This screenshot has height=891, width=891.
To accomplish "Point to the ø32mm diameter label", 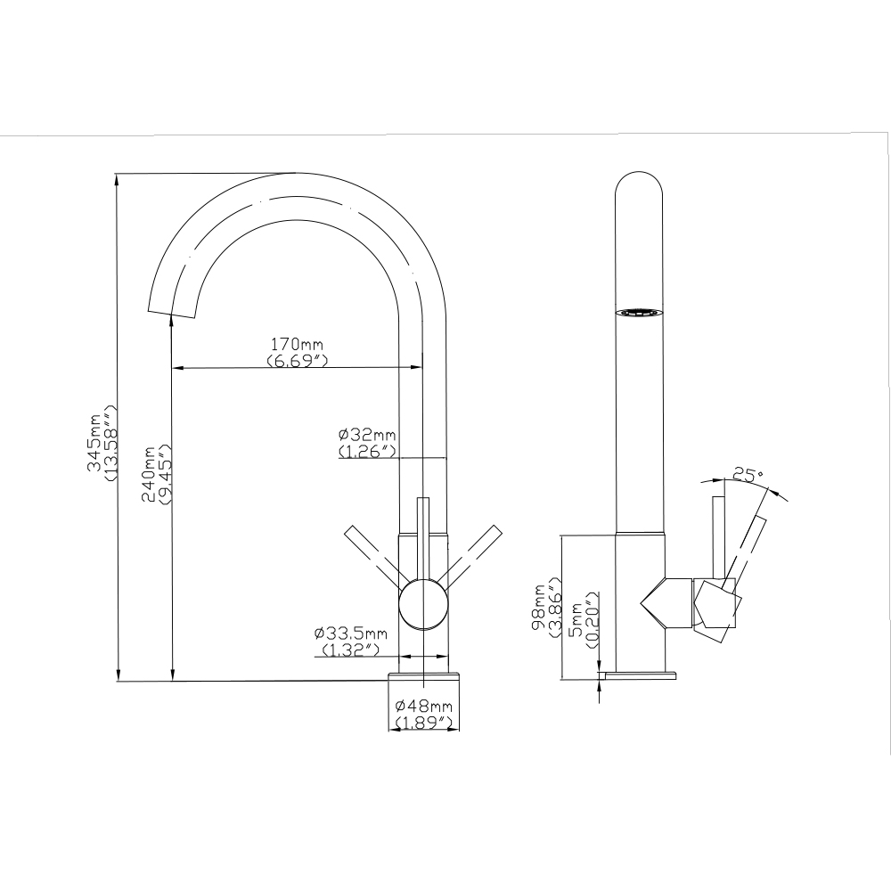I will (x=366, y=435).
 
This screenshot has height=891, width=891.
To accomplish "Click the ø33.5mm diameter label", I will (x=350, y=634).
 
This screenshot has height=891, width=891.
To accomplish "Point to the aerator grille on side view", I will (x=639, y=314).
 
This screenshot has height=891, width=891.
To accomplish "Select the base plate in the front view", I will (x=424, y=678).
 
